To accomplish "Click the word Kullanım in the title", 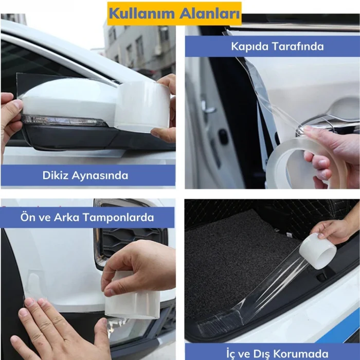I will pos(146,12).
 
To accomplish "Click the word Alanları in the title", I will pos(210,12).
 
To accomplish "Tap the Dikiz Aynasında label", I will pos(85,175).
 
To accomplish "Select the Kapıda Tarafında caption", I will pos(277,46).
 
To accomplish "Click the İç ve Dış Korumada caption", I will pos(277,353).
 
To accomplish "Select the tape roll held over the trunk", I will pos(317,251).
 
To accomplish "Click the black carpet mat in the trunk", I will pos(231,252).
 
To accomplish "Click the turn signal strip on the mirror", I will pos(62,121).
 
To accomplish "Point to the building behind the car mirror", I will pos(136,46).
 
